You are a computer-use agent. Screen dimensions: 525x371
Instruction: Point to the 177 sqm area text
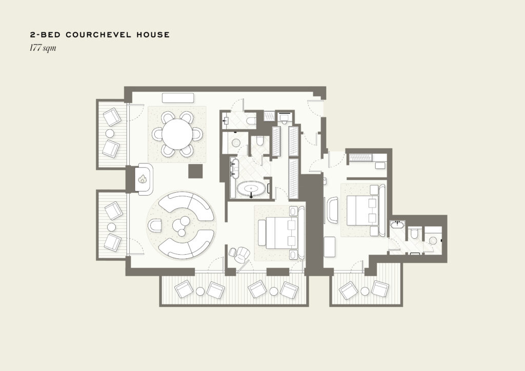(43, 48)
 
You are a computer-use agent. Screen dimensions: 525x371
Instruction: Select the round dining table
(177, 134)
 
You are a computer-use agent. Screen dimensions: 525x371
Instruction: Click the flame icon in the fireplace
(143, 179)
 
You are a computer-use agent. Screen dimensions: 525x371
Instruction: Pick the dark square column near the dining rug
(195, 171)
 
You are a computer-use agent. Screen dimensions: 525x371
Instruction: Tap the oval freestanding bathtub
(251, 189)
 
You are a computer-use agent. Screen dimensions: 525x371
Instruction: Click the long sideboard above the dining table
(178, 98)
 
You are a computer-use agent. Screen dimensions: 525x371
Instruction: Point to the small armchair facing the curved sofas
(155, 225)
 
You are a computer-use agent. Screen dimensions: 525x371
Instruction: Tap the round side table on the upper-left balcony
(110, 133)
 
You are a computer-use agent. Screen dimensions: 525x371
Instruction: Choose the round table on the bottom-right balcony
(365, 291)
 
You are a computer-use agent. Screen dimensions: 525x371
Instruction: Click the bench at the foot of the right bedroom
(330, 247)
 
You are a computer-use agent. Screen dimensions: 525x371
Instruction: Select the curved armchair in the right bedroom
(332, 210)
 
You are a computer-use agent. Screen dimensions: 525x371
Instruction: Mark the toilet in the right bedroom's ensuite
(414, 233)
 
